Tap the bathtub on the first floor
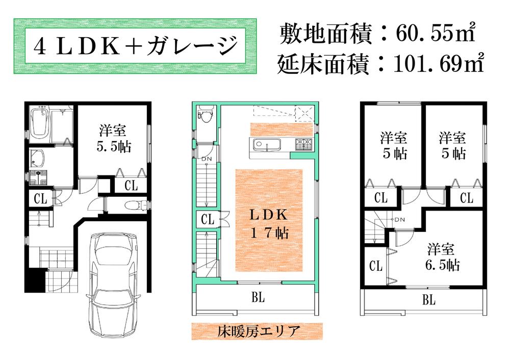38,125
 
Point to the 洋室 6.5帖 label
441,257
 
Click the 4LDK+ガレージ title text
136,47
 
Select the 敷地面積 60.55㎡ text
378,35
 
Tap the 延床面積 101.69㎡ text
380,64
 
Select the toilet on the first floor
134,205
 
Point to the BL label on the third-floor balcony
428,300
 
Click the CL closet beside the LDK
208,220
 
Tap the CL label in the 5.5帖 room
131,186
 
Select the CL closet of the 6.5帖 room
375,266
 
